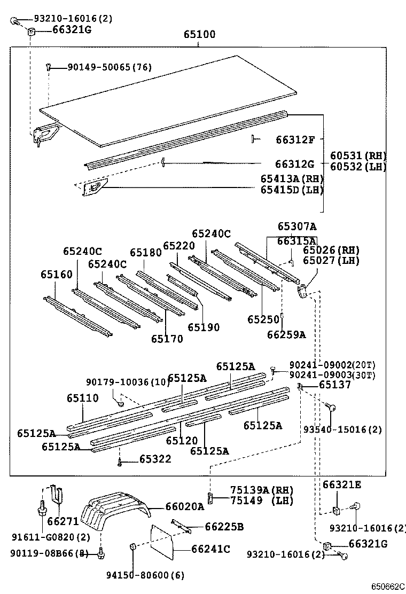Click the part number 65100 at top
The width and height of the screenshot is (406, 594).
point(199,35)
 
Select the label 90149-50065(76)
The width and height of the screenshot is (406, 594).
point(109,67)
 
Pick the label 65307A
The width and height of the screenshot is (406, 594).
point(296,226)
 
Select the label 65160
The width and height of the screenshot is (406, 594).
point(56,275)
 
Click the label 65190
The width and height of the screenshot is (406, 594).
point(203,327)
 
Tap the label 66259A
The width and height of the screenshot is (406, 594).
point(286,335)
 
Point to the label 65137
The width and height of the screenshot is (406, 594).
point(335,385)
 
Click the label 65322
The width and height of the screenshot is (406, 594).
point(155,459)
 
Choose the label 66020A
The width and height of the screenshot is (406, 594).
point(185,506)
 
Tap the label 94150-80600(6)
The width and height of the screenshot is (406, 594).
point(144,575)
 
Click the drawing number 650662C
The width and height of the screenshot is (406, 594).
point(388,587)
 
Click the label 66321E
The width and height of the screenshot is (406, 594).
point(342,485)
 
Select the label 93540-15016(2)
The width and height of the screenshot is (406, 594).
point(342,429)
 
